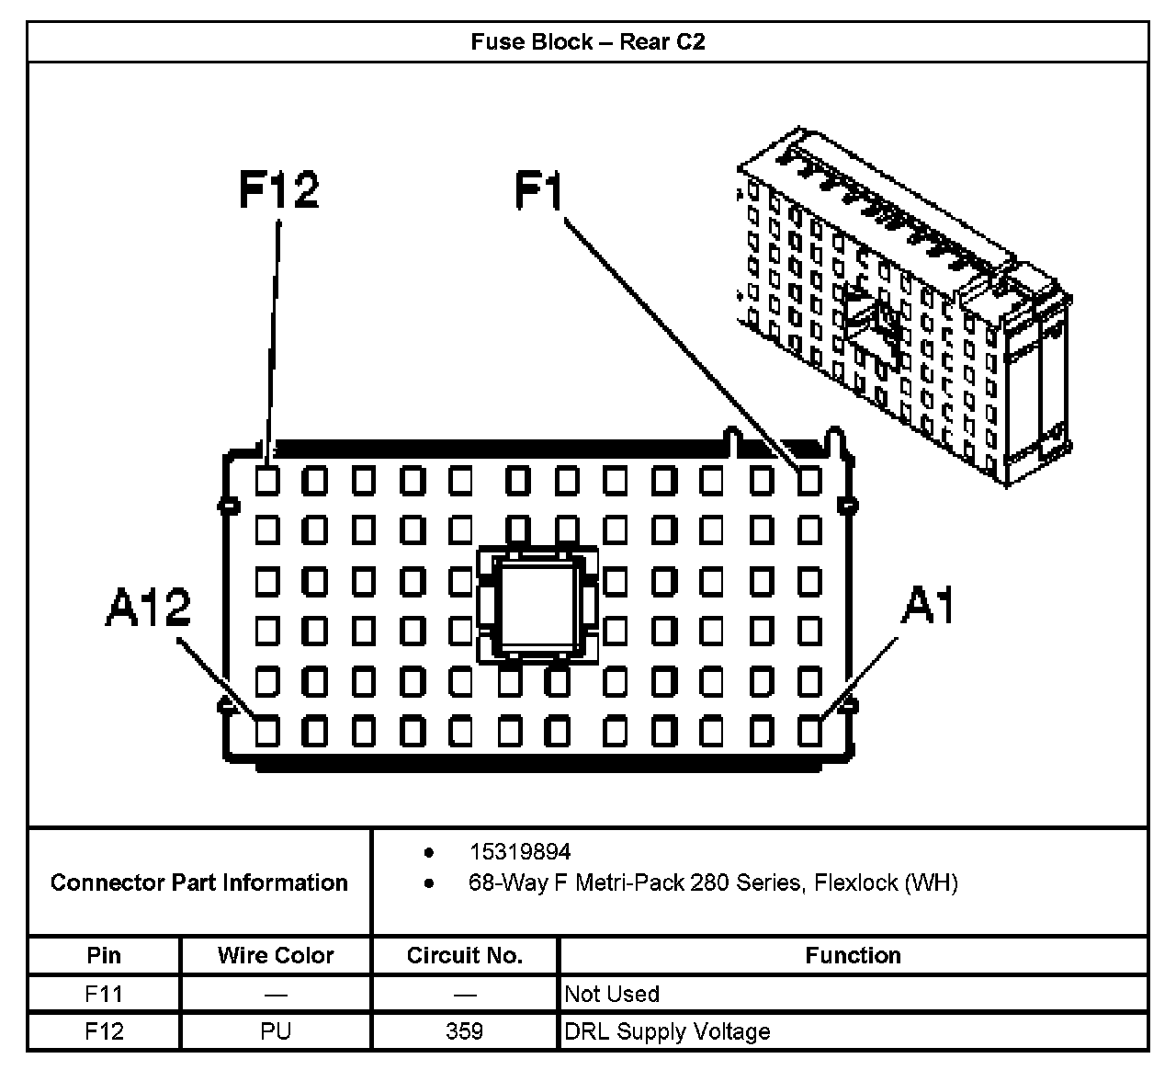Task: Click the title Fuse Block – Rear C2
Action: (x=587, y=41)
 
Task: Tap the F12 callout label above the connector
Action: (x=278, y=190)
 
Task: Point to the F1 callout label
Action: (x=538, y=190)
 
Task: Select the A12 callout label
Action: (x=148, y=608)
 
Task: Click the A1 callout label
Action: (x=928, y=606)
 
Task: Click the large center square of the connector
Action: (x=537, y=605)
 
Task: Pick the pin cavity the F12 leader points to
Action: (x=267, y=480)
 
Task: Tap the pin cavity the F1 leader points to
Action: (x=809, y=480)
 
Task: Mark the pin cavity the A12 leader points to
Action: (x=267, y=732)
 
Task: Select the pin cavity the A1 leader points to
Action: (x=809, y=732)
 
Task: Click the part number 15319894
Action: (x=520, y=852)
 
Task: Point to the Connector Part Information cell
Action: (x=199, y=882)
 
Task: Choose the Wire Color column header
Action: (x=276, y=955)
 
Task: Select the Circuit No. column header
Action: (x=465, y=955)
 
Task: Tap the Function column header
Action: (x=853, y=955)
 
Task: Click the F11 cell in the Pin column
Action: (x=104, y=994)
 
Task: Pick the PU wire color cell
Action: (x=276, y=1031)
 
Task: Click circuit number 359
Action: (x=465, y=1031)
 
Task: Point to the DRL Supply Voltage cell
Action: (x=667, y=1031)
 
